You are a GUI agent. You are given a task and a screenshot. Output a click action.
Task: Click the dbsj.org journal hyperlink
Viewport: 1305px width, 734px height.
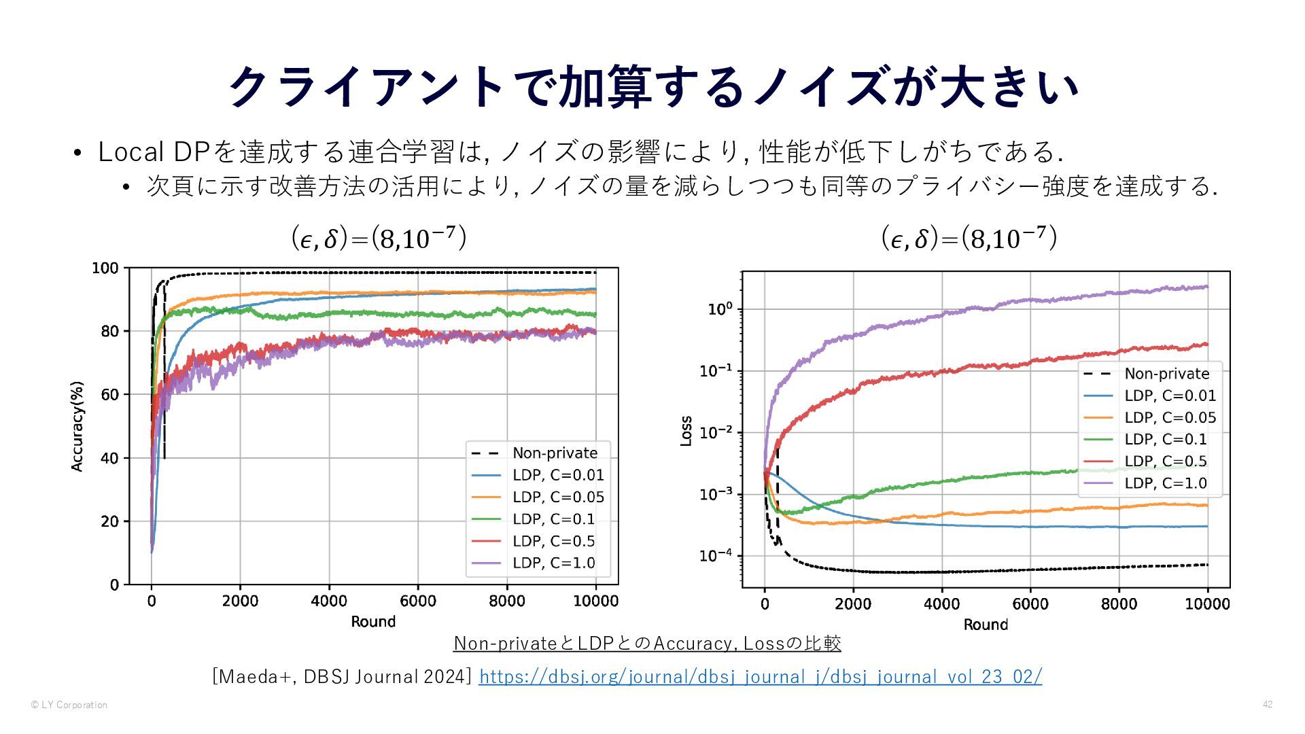pyautogui.click(x=760, y=677)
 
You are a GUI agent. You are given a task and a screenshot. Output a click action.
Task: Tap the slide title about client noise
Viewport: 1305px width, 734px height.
pyautogui.click(x=652, y=87)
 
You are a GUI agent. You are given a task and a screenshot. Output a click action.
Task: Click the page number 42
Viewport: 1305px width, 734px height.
pyautogui.click(x=1268, y=705)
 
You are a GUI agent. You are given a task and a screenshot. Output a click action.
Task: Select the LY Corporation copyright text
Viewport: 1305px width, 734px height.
pyautogui.click(x=69, y=705)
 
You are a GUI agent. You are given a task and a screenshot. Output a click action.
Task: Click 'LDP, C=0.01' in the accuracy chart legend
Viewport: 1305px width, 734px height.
pyautogui.click(x=557, y=475)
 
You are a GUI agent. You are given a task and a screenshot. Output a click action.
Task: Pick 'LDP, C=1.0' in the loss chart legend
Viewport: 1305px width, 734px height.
pyautogui.click(x=1165, y=483)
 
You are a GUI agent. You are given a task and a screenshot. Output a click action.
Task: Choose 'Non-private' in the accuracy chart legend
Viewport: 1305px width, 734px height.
pyautogui.click(x=555, y=453)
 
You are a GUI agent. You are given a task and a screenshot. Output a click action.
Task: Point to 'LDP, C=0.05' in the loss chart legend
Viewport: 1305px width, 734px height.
pyautogui.click(x=1170, y=418)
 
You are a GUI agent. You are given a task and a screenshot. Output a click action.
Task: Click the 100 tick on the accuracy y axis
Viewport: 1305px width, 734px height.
pyautogui.click(x=105, y=268)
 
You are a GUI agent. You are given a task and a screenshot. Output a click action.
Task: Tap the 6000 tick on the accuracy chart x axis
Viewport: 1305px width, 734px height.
pyautogui.click(x=417, y=601)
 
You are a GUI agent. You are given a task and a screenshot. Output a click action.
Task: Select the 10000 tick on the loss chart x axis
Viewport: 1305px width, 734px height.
pyautogui.click(x=1207, y=604)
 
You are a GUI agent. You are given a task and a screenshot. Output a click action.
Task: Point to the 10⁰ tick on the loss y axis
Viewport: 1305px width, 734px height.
pyautogui.click(x=720, y=309)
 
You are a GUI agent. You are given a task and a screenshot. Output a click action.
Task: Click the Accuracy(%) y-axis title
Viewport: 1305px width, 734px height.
pyautogui.click(x=77, y=426)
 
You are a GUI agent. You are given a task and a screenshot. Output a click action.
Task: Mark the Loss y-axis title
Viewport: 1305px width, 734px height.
pyautogui.click(x=686, y=431)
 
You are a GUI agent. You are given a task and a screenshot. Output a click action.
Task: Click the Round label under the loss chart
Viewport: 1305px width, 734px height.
pyautogui.click(x=986, y=625)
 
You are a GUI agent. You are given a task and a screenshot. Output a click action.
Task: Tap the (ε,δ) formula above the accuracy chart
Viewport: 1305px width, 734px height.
pyautogui.click(x=379, y=239)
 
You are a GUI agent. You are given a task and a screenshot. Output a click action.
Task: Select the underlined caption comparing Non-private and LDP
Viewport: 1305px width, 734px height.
pyautogui.click(x=647, y=643)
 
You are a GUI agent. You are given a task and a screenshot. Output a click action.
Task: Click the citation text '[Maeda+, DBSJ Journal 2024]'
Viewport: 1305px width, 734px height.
pyautogui.click(x=342, y=677)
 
